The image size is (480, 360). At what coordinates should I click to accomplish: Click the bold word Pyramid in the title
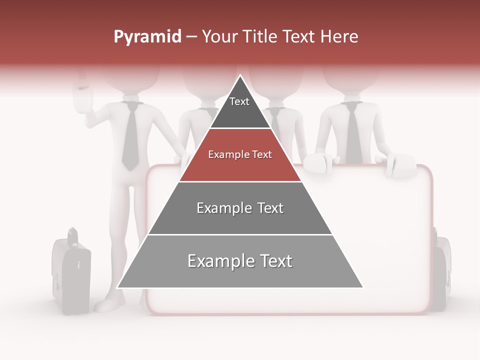click(x=147, y=37)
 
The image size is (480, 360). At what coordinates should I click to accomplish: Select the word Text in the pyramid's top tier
click(x=239, y=101)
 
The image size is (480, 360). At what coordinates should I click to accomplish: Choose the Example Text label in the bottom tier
click(x=240, y=261)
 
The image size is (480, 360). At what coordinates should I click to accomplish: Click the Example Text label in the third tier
click(x=240, y=208)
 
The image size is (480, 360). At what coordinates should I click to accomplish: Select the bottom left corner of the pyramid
click(x=117, y=287)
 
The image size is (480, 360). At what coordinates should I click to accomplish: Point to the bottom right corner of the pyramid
click(x=363, y=287)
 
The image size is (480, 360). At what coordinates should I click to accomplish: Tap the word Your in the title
click(x=219, y=37)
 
